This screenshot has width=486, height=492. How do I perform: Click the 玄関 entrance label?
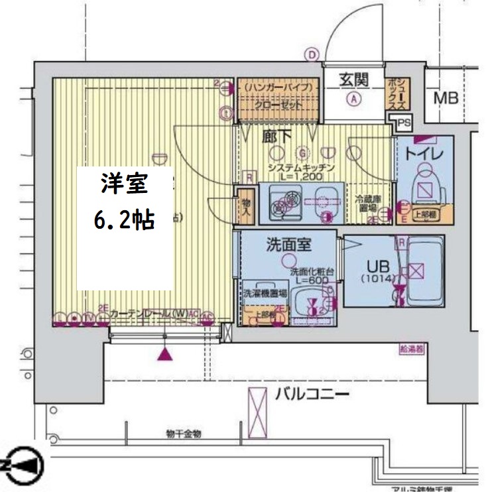point(354,80)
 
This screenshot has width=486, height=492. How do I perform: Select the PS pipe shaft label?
point(404,122)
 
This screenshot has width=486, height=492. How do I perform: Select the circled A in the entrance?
point(355,99)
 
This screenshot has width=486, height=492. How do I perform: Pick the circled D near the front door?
point(312,55)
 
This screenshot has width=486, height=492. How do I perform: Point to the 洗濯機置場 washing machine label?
point(264,292)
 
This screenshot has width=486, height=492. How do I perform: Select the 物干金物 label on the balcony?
point(184,434)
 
